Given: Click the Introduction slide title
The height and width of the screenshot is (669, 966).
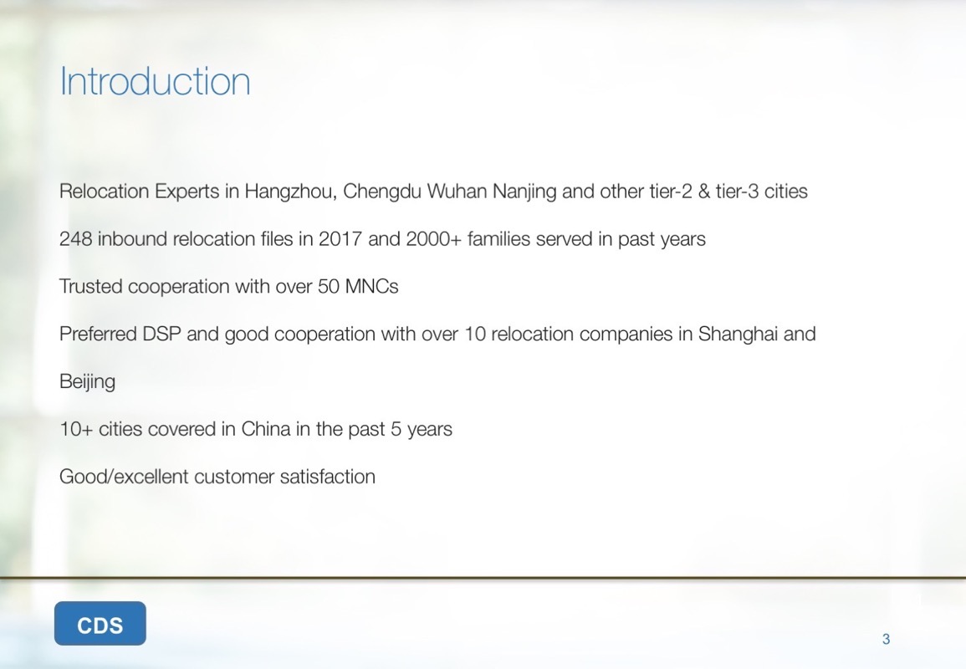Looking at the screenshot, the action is [155, 81].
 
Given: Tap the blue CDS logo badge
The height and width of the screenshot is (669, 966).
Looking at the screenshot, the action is [100, 623].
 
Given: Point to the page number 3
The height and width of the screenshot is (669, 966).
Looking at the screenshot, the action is [886, 639].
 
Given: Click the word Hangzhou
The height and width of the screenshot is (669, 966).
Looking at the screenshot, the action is [291, 192].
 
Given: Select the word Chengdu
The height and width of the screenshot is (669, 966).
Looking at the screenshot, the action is [381, 192].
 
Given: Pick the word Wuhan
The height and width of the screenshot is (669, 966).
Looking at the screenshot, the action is [457, 192].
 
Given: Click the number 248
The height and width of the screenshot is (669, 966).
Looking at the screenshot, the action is [75, 239].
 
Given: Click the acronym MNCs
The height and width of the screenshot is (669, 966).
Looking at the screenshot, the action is [371, 287].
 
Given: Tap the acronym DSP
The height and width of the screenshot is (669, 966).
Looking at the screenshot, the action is [162, 334].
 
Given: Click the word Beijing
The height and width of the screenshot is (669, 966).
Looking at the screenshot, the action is [88, 382].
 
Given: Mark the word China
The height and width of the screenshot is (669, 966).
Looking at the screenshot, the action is [265, 429].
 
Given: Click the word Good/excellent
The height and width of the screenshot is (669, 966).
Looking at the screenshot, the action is [124, 477].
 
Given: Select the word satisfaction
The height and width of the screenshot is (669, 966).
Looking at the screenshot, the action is [327, 477].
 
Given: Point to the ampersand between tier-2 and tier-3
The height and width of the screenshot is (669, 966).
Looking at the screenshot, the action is [703, 192].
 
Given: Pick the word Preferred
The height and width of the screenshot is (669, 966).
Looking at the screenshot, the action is [98, 334].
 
